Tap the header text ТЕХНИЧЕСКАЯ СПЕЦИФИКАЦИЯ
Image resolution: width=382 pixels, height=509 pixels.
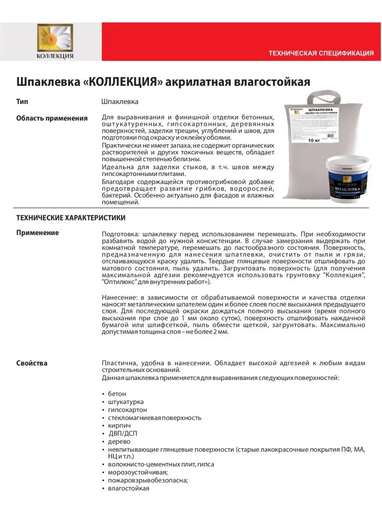tap(321, 53)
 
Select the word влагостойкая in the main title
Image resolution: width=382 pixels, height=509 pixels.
tap(272, 81)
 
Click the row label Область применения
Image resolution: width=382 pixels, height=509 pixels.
tap(52, 118)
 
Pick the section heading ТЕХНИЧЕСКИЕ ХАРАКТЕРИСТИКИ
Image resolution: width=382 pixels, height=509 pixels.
tap(70, 218)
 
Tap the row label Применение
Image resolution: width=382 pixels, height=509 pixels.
tap(37, 232)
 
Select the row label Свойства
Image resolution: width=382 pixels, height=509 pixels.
tap(32, 363)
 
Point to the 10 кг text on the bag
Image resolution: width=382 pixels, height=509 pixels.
tap(314, 140)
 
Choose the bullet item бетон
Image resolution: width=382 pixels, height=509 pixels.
tap(117, 394)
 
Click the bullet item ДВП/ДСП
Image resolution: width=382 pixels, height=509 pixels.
tap(123, 433)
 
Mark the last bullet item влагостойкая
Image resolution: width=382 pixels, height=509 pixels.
tap(129, 488)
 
